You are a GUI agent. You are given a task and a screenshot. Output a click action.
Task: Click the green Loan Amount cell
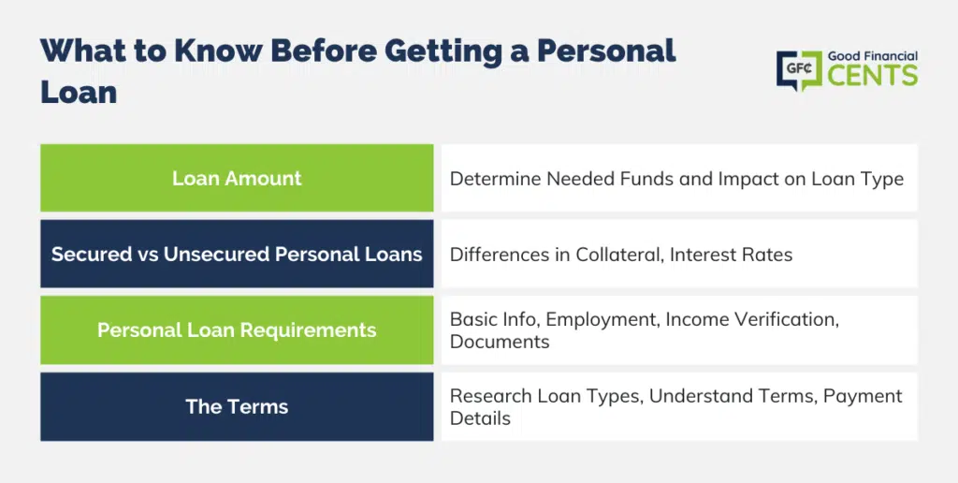pyautogui.click(x=237, y=178)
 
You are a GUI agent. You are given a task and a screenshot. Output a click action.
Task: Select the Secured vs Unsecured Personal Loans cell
pyautogui.click(x=237, y=254)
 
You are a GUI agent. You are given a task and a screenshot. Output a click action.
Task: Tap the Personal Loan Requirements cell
pyautogui.click(x=237, y=330)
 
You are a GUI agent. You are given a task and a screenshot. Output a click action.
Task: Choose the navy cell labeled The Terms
pyautogui.click(x=237, y=406)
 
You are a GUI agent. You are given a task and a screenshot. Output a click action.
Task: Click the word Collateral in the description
pyautogui.click(x=619, y=255)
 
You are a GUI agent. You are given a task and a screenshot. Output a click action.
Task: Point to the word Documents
pyautogui.click(x=500, y=342)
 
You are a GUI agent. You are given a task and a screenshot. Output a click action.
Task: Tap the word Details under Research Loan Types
pyautogui.click(x=480, y=418)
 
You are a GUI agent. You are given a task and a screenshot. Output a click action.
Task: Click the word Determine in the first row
pyautogui.click(x=495, y=179)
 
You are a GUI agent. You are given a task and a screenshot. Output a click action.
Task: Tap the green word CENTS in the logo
pyautogui.click(x=873, y=76)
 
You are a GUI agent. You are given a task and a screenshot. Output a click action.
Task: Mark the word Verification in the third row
pyautogui.click(x=783, y=319)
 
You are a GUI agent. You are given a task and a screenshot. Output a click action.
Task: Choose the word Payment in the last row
pyautogui.click(x=863, y=396)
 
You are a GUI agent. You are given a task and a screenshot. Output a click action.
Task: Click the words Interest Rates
pyautogui.click(x=732, y=255)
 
